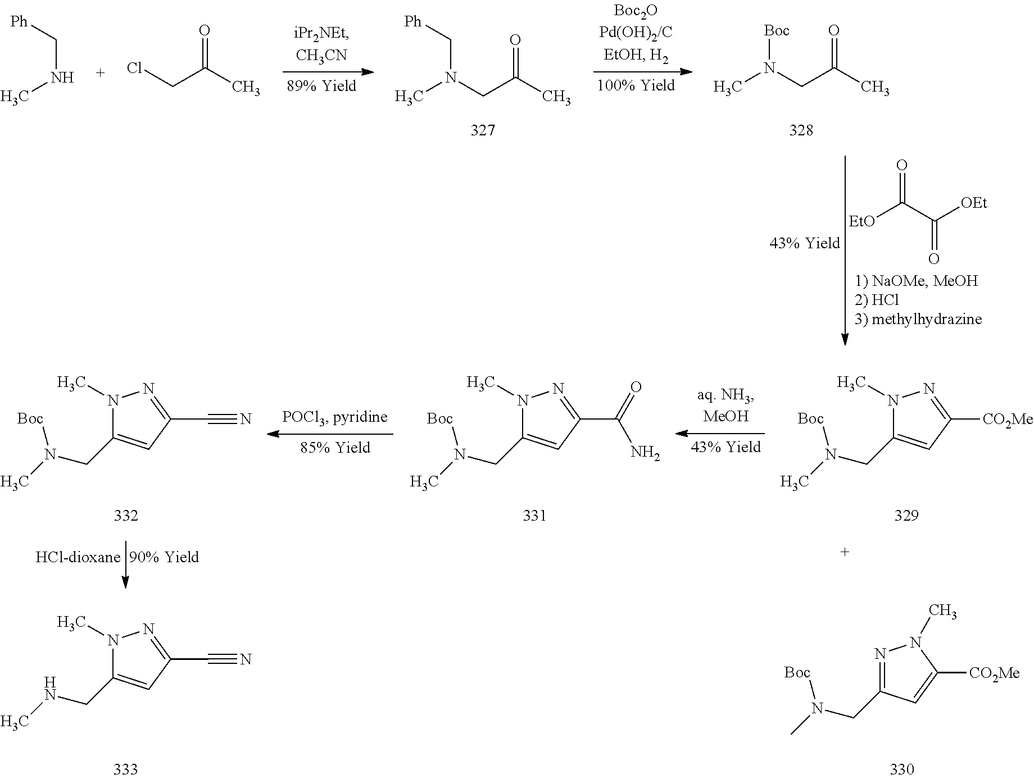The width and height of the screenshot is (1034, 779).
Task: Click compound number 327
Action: tap(483, 130)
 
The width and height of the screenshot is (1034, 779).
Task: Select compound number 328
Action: tap(801, 130)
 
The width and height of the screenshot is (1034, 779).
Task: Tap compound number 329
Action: tap(906, 515)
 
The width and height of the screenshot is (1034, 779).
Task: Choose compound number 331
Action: tap(534, 515)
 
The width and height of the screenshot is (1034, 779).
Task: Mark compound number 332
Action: tap(125, 515)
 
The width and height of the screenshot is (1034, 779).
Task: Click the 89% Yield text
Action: tap(321, 86)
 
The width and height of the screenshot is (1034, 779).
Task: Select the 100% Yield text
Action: tap(636, 85)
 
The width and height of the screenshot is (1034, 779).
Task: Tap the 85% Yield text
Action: tap(335, 448)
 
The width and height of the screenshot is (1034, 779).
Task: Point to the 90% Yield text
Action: tap(164, 557)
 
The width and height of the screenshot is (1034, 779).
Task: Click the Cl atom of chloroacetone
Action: tap(134, 69)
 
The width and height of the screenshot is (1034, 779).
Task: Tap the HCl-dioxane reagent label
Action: tap(78, 557)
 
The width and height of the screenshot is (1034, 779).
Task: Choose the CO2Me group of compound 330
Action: tap(994, 673)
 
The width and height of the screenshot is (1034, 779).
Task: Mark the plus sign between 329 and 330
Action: tap(844, 552)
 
